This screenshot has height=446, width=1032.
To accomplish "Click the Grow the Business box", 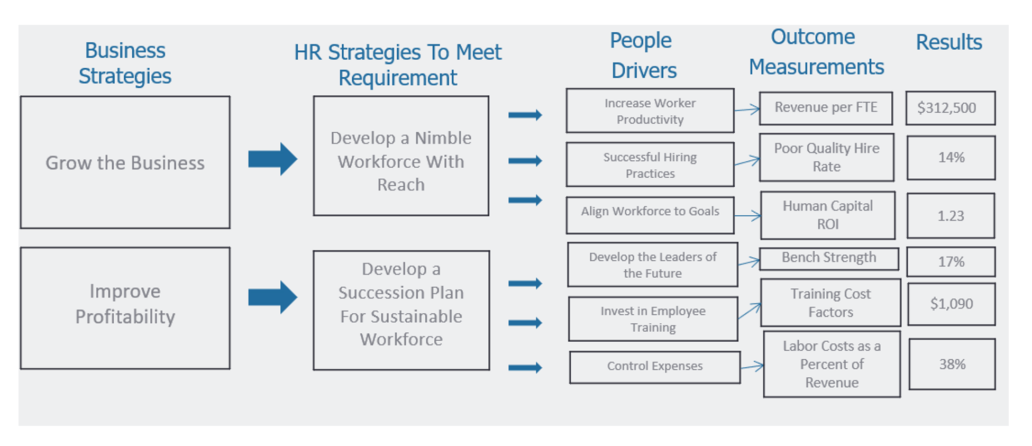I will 125,162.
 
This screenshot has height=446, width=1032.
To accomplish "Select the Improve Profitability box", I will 125,308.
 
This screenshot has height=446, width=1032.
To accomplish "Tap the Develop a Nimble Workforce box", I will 401,156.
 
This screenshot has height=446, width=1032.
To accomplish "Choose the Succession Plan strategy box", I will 401,310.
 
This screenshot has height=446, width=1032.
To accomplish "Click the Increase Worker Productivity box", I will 650,111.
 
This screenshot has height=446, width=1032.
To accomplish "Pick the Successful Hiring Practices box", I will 650,165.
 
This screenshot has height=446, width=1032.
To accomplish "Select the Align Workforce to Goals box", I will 650,215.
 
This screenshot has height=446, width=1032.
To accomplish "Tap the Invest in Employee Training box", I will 653,318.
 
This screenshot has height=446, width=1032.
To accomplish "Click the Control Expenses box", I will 654,367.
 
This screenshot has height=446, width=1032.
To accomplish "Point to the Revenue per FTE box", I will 825,108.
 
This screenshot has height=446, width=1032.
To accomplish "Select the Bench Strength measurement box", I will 828,258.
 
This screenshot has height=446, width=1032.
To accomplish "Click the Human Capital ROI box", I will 827,215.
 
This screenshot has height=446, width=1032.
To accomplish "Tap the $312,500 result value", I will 950,108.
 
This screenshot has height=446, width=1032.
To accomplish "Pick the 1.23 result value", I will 951,216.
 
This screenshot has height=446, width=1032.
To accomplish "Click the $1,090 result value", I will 951,304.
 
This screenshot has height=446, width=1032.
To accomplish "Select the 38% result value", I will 952,364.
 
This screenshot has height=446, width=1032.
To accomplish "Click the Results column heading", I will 948,42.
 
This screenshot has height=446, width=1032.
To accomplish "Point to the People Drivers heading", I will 643,55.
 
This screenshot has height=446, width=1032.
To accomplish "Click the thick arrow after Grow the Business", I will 272,159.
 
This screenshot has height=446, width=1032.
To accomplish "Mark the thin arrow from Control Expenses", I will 752,366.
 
